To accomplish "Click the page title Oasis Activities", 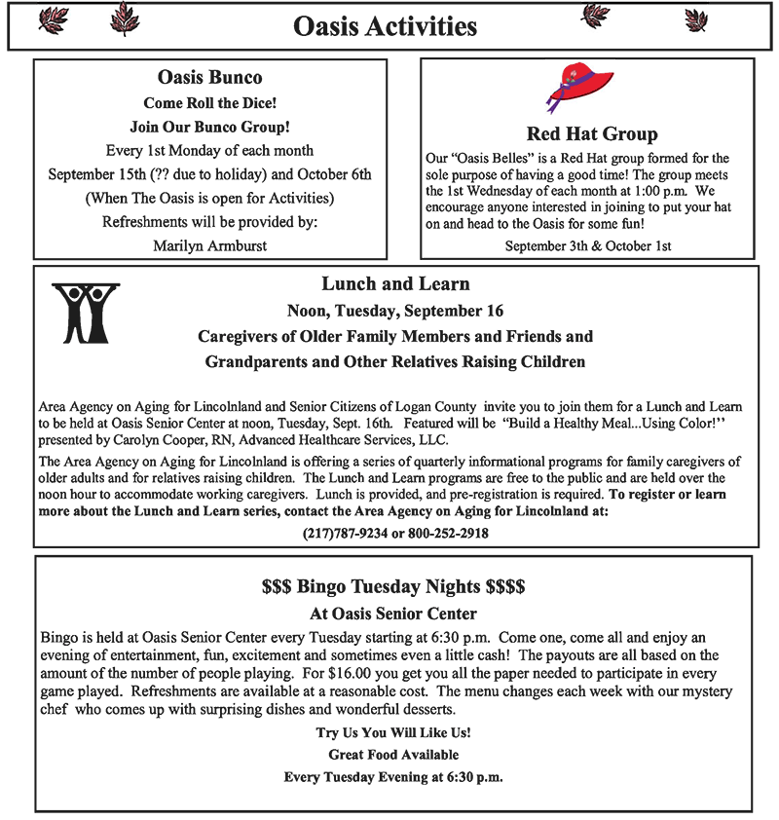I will (x=386, y=26).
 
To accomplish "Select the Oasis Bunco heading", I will (x=209, y=77).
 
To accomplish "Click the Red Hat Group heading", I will (x=592, y=133).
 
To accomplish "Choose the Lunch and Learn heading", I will (x=395, y=284).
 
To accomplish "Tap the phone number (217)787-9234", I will (x=346, y=533).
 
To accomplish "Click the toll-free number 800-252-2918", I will (x=446, y=533).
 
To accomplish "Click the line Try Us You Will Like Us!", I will (x=393, y=732).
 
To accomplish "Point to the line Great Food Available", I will (x=393, y=755).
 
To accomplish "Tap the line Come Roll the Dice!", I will (x=209, y=102).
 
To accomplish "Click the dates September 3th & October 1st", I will (x=588, y=245).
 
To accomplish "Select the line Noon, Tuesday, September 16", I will (x=395, y=312).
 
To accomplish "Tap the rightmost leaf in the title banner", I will (x=696, y=19).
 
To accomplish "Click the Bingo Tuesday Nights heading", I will (x=393, y=587).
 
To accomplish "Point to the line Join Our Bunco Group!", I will (x=209, y=127).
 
